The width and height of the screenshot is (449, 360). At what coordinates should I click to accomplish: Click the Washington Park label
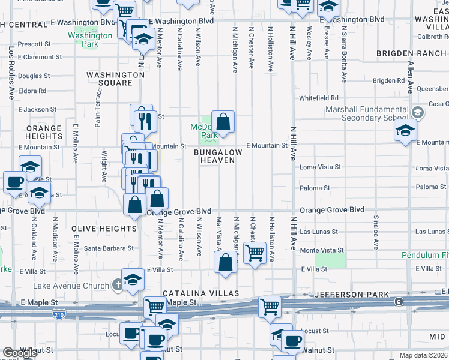point(90,40)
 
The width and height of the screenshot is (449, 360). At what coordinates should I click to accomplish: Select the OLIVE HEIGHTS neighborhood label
point(104,229)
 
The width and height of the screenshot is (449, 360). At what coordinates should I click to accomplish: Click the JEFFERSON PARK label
point(349,294)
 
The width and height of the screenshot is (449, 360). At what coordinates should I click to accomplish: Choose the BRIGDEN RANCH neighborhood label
point(412,53)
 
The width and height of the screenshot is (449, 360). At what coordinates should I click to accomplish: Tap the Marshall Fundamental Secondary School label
point(367,113)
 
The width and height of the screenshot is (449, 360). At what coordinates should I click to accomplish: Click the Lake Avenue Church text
point(72,286)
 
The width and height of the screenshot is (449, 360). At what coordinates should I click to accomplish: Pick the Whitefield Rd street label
point(319,98)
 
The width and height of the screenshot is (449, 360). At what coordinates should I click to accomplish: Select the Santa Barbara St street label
point(109,248)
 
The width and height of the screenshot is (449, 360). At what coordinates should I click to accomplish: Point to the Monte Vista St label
point(322,250)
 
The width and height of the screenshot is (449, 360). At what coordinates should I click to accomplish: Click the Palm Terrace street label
point(98,107)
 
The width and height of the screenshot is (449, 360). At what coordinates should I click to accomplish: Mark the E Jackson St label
point(37,110)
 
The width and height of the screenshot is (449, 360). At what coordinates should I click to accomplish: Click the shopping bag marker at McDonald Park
point(223,122)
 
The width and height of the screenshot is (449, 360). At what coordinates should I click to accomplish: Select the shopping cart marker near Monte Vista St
point(255,253)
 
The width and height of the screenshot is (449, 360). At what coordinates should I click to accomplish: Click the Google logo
point(20,353)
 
